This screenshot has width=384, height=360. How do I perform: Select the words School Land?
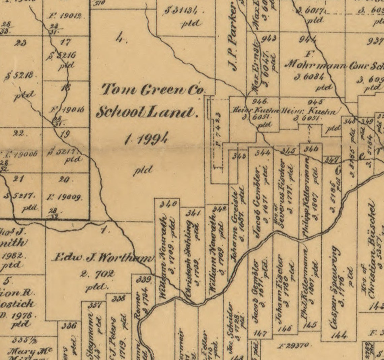point(147,112)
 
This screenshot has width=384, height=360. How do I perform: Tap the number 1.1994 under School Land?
point(146,138)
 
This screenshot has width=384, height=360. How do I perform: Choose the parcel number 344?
point(262,153)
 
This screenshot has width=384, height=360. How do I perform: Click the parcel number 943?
point(269,38)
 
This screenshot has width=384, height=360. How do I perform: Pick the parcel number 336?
point(70,326)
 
